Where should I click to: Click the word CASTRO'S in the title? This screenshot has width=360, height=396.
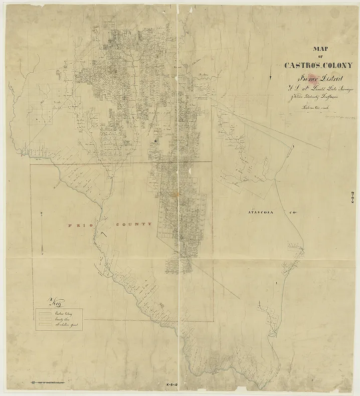tap(303, 65)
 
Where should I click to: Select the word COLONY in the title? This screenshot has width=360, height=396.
tap(339, 65)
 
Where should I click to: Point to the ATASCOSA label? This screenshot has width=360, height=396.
tap(258, 212)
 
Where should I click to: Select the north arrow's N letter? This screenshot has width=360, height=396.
tap(41, 214)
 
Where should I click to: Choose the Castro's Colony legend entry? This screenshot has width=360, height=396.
tap(63, 312)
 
